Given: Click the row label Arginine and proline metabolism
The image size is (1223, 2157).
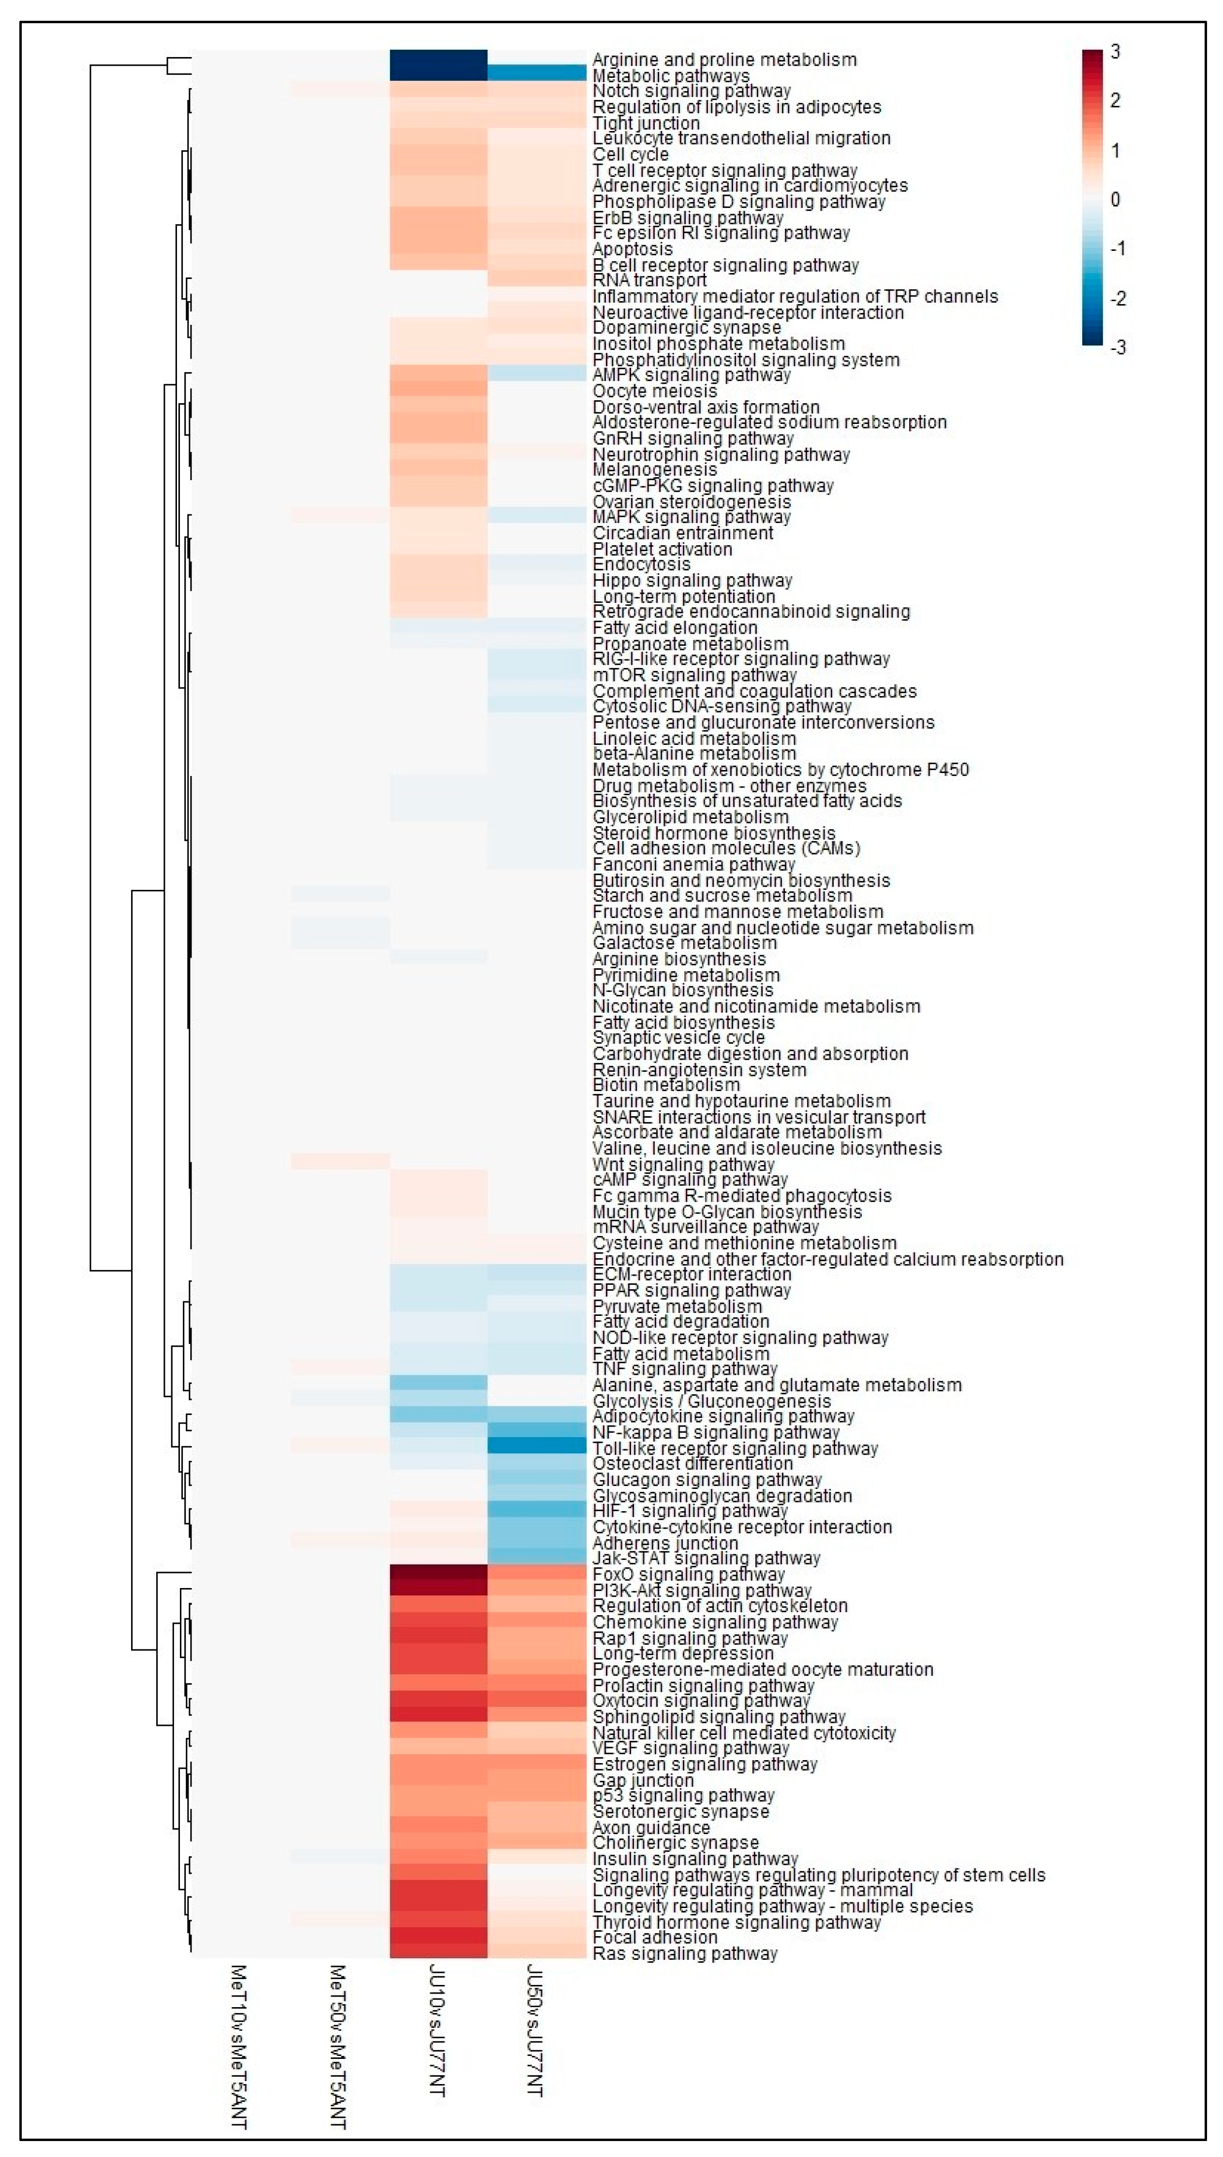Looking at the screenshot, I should click(724, 59).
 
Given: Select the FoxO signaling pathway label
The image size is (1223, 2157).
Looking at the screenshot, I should click(688, 1574).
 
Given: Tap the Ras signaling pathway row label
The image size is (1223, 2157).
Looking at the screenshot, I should click(685, 1954).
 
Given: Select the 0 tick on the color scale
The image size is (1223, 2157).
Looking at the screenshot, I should click(1115, 200).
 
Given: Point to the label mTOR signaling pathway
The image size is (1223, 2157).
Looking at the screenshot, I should click(694, 675).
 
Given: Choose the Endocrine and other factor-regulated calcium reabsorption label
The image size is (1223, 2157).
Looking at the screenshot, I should click(827, 1259).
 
